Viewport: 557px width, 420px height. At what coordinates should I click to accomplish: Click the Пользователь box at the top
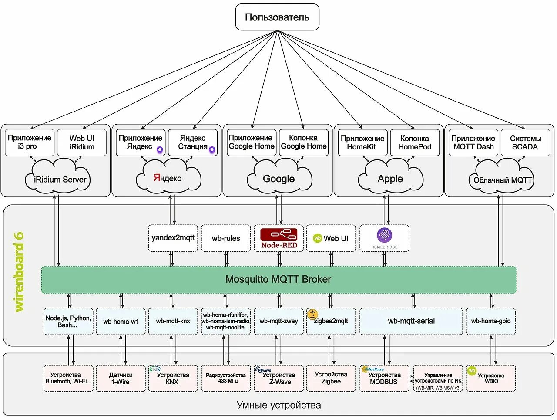click(x=277, y=17)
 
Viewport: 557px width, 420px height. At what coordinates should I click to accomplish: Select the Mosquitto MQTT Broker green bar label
click(x=278, y=280)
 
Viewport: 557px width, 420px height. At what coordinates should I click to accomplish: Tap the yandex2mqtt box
click(x=173, y=238)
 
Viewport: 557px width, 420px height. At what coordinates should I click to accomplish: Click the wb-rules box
click(x=226, y=238)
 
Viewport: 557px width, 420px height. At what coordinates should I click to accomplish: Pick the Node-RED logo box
click(x=279, y=238)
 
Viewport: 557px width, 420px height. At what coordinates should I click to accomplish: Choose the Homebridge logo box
click(x=384, y=238)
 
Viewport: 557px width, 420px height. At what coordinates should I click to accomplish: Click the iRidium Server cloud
click(x=59, y=179)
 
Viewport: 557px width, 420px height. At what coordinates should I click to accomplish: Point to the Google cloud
click(x=279, y=178)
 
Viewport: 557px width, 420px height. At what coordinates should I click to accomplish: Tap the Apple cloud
click(x=390, y=178)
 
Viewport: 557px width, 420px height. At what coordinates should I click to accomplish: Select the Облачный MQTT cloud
click(x=502, y=180)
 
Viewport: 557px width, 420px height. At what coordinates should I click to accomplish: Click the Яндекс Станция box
click(x=193, y=142)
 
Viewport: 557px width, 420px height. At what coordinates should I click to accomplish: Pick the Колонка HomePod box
click(x=415, y=142)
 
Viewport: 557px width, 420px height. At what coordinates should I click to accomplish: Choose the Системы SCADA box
click(x=525, y=142)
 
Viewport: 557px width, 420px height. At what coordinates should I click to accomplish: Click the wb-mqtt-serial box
click(x=411, y=322)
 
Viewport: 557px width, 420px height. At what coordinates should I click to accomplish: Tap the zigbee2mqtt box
click(x=331, y=322)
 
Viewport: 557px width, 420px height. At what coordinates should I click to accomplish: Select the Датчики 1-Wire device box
click(x=121, y=378)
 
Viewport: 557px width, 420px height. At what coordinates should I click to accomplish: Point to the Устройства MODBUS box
click(x=384, y=378)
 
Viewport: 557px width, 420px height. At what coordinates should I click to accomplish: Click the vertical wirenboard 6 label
click(x=20, y=272)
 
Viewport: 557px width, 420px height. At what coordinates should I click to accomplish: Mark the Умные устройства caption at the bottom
click(x=278, y=405)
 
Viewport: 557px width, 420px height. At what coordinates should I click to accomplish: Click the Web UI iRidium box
click(x=82, y=142)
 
